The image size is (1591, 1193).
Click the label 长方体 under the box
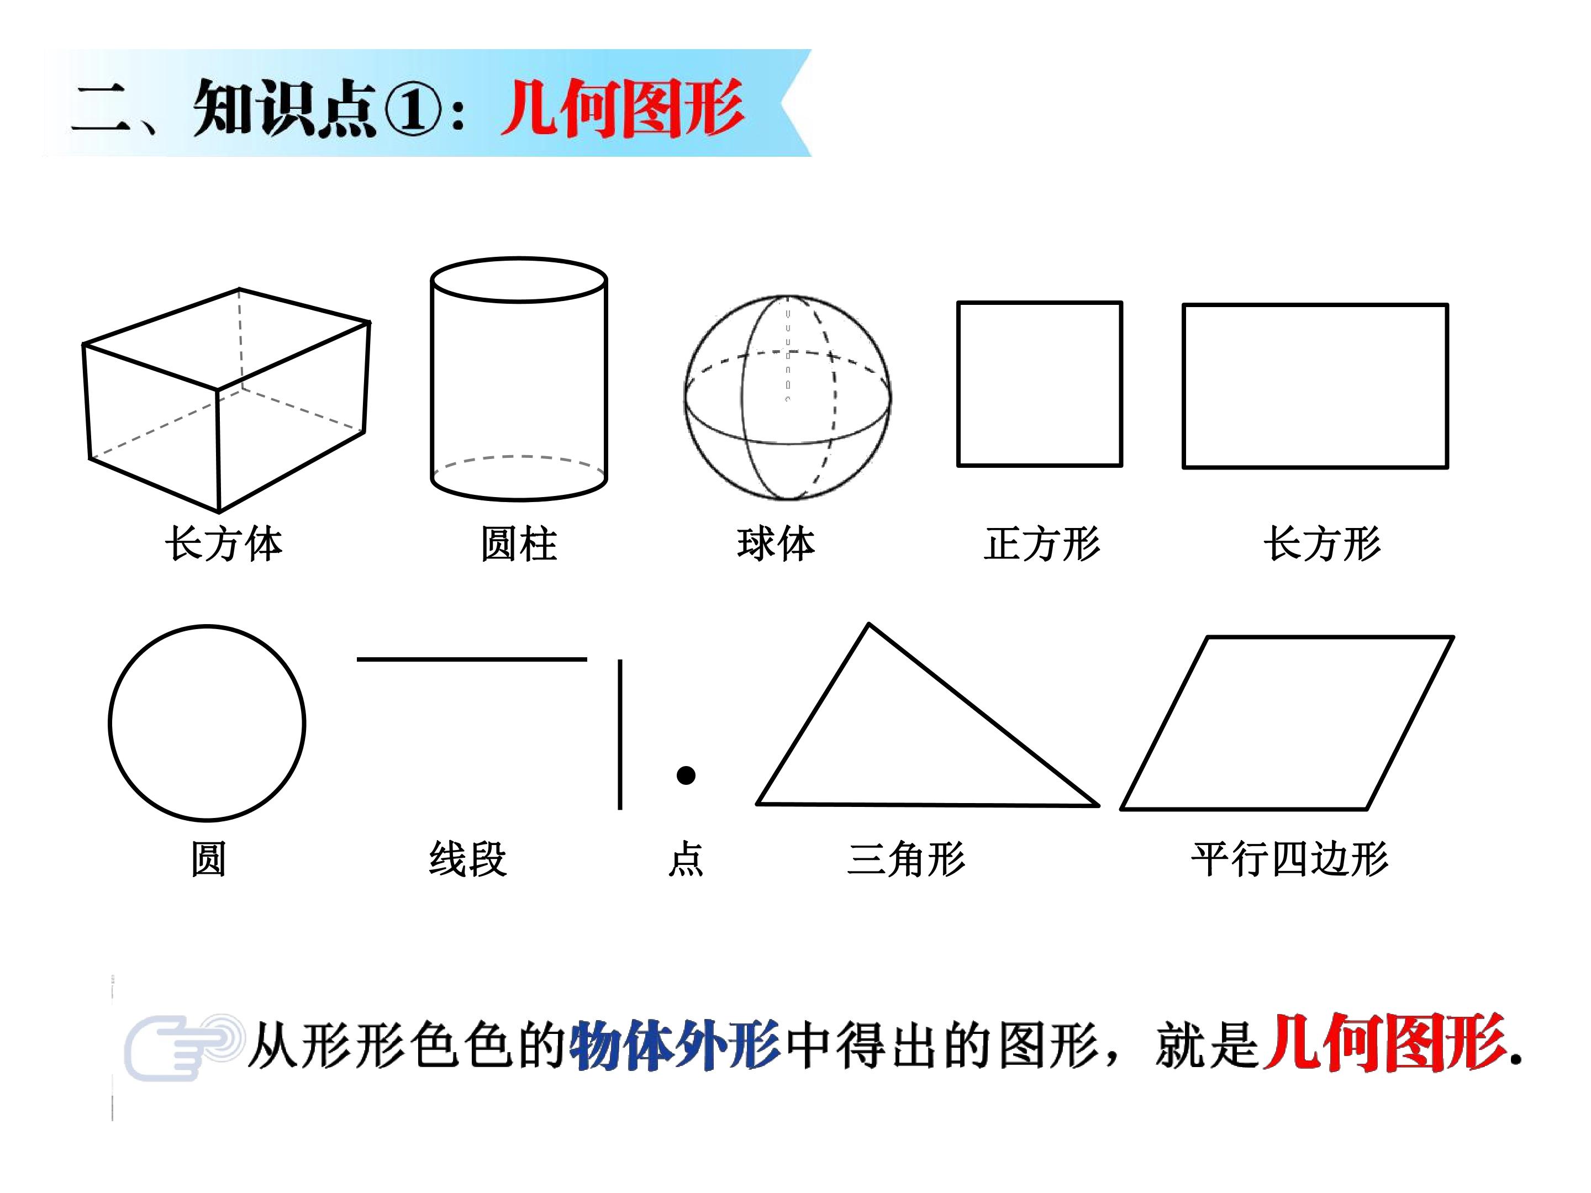coord(224,543)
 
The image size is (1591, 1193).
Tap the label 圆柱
coord(519,543)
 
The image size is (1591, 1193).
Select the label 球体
coord(776,543)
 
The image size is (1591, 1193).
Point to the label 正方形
coord(1042,543)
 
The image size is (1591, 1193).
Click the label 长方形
coord(1322,543)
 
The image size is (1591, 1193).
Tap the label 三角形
coord(907,859)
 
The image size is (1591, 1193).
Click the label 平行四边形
coord(1289,859)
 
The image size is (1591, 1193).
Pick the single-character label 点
coord(686,859)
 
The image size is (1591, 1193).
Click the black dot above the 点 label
coord(686,775)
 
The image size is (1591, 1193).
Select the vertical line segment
coord(620,734)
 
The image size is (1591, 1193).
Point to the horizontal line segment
coord(472,659)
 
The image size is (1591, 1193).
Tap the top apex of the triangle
coord(870,624)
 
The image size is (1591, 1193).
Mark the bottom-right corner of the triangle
coord(1098,805)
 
